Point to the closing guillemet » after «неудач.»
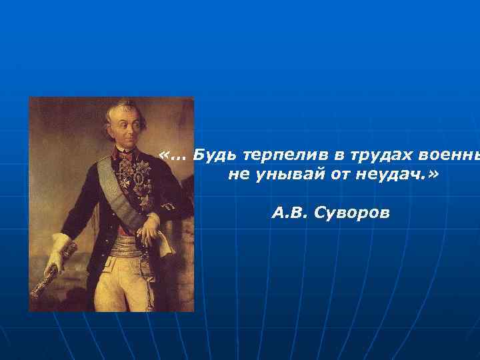tap(435, 175)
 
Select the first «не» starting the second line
tap(237, 175)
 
